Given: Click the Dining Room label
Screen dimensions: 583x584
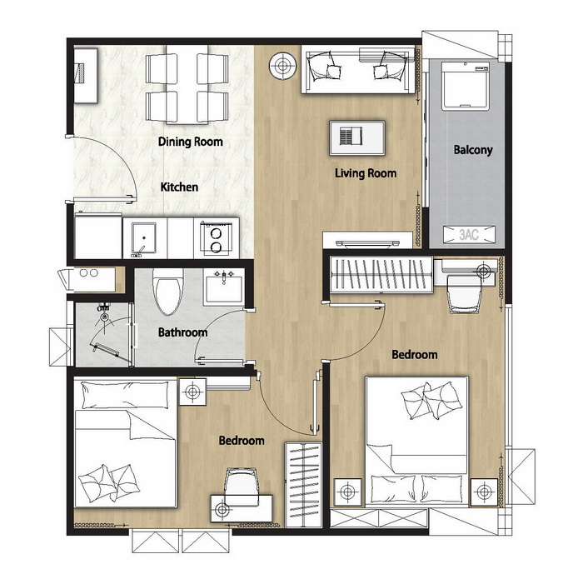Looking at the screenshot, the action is (190, 142).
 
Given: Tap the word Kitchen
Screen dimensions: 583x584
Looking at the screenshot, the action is (179, 187).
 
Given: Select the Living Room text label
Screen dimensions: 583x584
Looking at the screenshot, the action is (366, 173).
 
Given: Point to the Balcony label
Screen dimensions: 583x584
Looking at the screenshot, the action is (473, 150).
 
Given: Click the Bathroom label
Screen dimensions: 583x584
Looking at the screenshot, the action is (182, 332).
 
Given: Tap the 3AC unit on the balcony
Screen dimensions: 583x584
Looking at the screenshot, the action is (469, 235).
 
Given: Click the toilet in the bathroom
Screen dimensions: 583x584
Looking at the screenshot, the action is (168, 292).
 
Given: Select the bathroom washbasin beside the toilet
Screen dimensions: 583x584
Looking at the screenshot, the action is (224, 286).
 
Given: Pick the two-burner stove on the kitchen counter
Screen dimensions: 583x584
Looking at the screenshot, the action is (216, 238).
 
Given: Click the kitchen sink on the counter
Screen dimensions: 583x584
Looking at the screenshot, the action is (144, 238).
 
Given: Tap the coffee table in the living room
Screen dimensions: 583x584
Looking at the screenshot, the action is (357, 137).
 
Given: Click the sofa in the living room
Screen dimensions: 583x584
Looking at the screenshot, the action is (358, 70).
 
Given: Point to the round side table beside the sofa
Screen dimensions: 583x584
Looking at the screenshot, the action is (283, 66).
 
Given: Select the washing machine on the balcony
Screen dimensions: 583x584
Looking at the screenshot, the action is (466, 86).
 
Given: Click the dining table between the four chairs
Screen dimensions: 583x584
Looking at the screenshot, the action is (187, 84).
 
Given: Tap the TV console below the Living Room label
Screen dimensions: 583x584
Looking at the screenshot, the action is (368, 240).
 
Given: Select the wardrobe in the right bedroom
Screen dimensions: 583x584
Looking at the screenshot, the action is (381, 274).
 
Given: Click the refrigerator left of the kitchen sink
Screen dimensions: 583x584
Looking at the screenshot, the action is (98, 236).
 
